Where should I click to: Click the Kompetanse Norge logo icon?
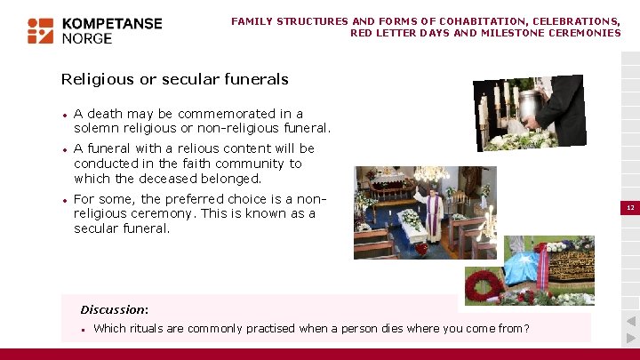40,30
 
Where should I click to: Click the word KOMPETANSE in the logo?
112,23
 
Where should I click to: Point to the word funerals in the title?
256,79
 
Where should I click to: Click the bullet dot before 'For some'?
64,200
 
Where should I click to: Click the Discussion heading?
114,309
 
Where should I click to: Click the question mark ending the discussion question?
526,328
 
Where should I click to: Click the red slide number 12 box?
629,207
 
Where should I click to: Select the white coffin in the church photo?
412,229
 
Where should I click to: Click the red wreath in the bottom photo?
484,286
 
